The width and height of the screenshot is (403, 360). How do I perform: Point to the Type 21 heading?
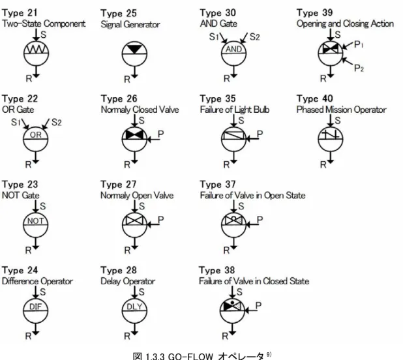(x=20, y=12)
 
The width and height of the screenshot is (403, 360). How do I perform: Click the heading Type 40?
(x=314, y=98)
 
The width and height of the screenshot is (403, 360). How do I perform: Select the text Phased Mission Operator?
(x=341, y=110)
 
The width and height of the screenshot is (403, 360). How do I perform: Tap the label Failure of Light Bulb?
(x=235, y=110)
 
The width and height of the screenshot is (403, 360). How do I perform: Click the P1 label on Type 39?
(x=359, y=44)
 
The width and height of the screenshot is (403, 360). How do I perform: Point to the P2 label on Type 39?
(x=359, y=68)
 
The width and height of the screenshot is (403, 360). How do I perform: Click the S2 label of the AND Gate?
(x=255, y=37)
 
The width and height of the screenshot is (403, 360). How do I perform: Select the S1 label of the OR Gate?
(x=16, y=122)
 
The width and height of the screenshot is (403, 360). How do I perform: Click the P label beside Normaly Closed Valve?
(x=160, y=134)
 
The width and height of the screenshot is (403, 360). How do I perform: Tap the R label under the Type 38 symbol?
(x=225, y=336)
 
